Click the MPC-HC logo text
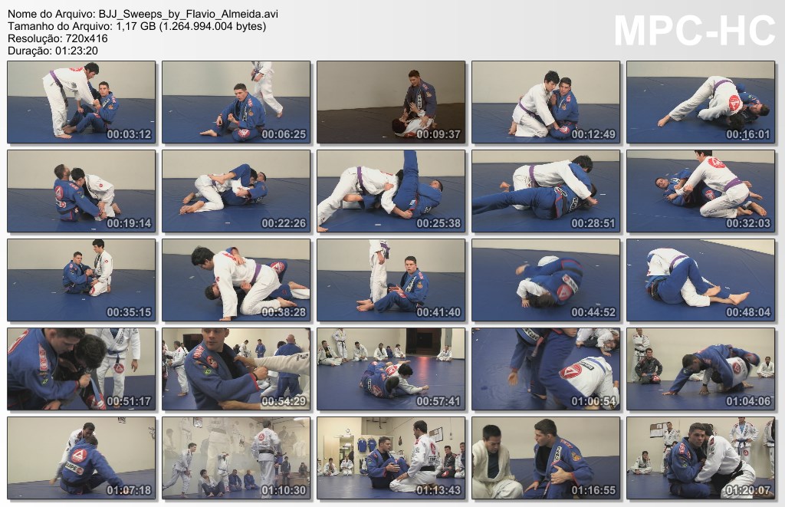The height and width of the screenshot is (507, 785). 695,31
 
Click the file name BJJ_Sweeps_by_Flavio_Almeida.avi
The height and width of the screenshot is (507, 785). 189,14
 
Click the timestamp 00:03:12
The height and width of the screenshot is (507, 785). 129,134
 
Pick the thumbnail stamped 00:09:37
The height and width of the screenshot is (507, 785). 391,102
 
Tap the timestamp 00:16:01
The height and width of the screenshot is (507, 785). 748,134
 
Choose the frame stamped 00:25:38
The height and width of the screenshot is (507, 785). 391,191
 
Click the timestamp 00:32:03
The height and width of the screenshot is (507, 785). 748,223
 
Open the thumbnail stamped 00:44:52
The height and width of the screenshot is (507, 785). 546,280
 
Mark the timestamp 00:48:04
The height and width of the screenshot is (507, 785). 748,312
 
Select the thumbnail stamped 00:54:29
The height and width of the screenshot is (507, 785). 236,369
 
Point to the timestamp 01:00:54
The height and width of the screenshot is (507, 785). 593,401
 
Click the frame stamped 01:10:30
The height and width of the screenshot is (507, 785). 236,458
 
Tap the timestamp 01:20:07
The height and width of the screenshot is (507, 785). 748,490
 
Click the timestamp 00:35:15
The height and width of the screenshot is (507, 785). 129,312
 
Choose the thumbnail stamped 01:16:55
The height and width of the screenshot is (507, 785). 546,458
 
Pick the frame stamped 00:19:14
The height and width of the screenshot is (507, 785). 81,191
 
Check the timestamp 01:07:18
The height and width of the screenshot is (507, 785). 129,490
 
